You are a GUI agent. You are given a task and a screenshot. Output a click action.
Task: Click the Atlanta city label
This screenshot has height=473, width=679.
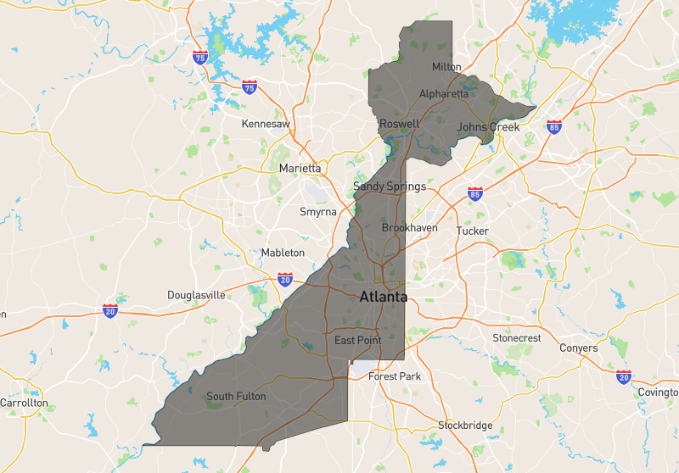383,298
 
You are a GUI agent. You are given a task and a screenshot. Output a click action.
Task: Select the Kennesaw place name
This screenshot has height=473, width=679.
266,124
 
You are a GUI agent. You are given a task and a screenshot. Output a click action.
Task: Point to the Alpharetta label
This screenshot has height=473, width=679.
445,94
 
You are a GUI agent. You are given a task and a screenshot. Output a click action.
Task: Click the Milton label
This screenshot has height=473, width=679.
446,67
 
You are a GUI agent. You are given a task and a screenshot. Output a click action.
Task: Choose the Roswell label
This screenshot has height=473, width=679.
399,124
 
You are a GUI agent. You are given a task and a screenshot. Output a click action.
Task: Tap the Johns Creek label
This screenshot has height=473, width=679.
487,127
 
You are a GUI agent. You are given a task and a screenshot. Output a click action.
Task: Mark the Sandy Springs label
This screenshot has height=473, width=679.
390,186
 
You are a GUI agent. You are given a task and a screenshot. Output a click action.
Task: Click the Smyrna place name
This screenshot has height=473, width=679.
318,212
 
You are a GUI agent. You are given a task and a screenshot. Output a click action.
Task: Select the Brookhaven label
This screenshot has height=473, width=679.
409,229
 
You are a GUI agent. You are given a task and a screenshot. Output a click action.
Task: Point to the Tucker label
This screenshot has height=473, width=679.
472,231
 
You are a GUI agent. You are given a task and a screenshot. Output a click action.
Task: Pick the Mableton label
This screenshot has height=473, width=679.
283,253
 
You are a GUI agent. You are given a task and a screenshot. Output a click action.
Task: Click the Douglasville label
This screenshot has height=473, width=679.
196,295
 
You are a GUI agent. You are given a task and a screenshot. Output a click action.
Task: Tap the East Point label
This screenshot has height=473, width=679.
357,341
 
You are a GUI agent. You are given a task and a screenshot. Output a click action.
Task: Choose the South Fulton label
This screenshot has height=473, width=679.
236,396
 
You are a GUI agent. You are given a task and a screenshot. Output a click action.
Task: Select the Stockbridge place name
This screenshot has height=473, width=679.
464,425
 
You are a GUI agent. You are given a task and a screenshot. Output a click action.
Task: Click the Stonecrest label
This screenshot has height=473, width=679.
516,338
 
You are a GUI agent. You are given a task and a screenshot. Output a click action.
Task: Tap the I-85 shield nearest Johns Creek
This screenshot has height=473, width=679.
553,126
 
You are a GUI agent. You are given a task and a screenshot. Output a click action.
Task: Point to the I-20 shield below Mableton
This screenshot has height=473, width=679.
285,279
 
